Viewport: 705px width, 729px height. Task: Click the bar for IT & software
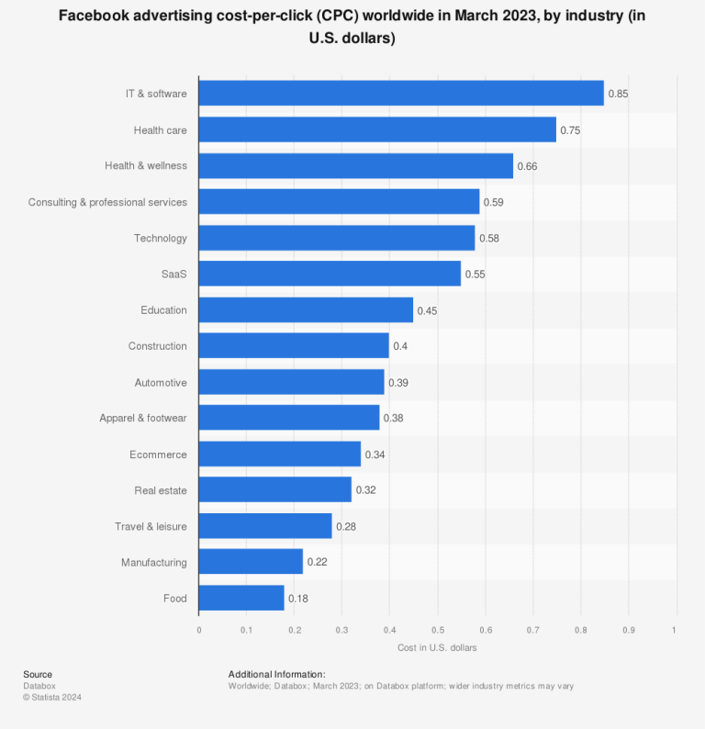coord(401,94)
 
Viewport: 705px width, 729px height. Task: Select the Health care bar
coord(377,129)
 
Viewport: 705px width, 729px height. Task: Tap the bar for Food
coord(241,599)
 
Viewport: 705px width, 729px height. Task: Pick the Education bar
coord(306,310)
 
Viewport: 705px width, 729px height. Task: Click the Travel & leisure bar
coord(265,526)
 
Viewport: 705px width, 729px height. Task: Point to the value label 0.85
coord(618,94)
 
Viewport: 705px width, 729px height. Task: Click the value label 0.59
coord(493,202)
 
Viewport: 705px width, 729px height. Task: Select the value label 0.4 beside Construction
coord(400,346)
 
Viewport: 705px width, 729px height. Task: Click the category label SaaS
coord(173,275)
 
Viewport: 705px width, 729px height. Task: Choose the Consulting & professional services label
coord(107,202)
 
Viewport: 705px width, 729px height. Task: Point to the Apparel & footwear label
coord(142,419)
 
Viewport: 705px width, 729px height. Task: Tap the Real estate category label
coord(160,490)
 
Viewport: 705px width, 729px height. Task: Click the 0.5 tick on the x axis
coord(437,630)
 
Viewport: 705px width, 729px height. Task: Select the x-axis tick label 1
coord(675,630)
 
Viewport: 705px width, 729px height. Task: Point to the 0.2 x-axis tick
coord(294,630)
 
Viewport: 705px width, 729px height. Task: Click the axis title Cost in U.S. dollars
coord(437,647)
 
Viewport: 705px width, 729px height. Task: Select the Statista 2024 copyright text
coord(52,697)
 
